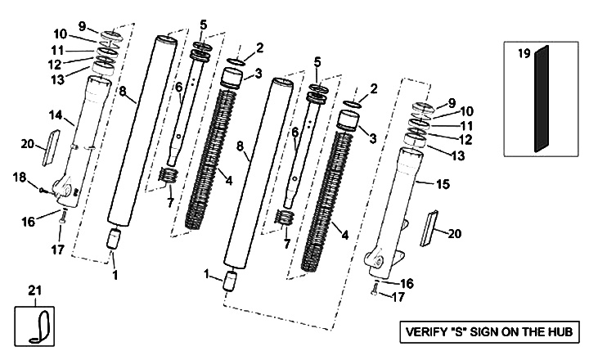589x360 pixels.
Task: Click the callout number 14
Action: coord(56,115)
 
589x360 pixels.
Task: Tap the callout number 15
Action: coord(443,184)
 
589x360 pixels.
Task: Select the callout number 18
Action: coord(20,177)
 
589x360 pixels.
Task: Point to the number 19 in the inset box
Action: coord(524,53)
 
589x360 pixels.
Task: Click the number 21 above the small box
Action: coord(35,290)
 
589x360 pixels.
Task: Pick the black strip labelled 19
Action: coord(542,99)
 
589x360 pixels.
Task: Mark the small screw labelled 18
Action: coord(44,191)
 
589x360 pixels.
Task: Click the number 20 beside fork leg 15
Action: coord(454,233)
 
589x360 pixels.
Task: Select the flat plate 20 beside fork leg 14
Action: coord(51,147)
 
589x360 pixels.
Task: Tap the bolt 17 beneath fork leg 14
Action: coord(63,217)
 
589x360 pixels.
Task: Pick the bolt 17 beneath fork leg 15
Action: coord(374,290)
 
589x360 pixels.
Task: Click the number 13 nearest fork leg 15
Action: coord(458,155)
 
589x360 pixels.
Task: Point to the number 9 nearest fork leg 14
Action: coord(83,26)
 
